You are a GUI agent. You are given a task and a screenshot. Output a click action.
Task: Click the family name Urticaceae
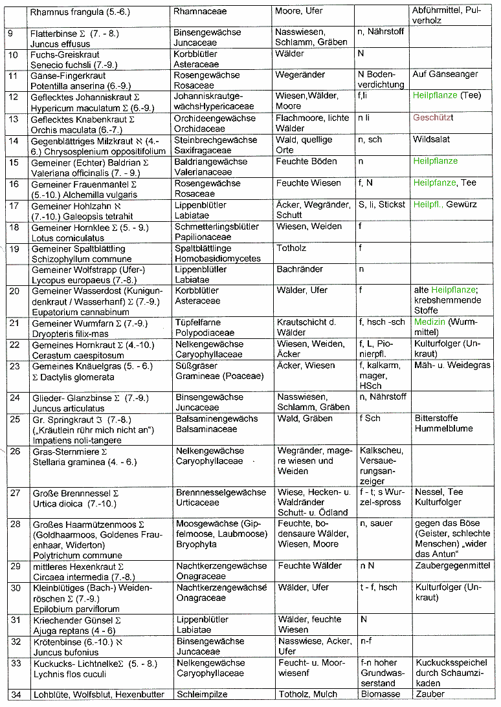[197, 503]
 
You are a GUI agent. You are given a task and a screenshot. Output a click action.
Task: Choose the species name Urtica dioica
[59, 503]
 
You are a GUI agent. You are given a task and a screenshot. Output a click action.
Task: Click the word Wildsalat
[431, 139]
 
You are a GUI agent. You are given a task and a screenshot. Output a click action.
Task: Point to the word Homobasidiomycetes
[217, 259]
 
